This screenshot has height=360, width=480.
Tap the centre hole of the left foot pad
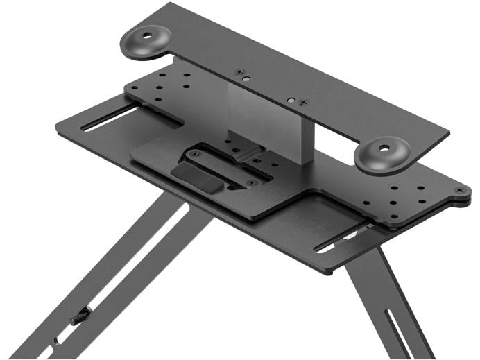148,34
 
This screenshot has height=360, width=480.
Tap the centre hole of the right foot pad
384,148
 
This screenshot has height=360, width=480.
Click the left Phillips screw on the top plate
239,71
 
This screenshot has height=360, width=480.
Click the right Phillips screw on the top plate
303,103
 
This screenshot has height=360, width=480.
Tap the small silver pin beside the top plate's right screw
293,100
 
